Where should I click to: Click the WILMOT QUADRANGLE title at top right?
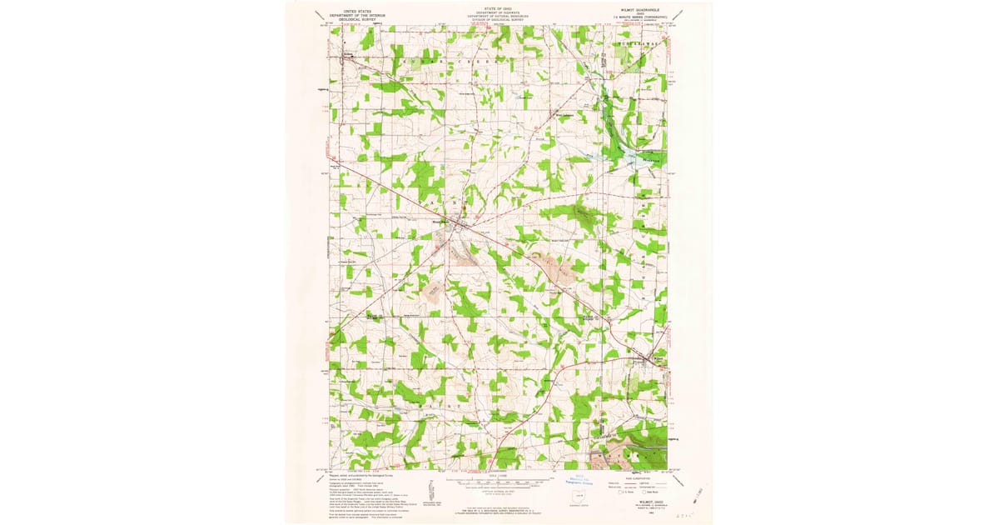(638, 11)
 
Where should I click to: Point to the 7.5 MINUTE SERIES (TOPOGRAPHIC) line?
(639, 15)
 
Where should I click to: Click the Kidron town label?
(349, 56)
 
